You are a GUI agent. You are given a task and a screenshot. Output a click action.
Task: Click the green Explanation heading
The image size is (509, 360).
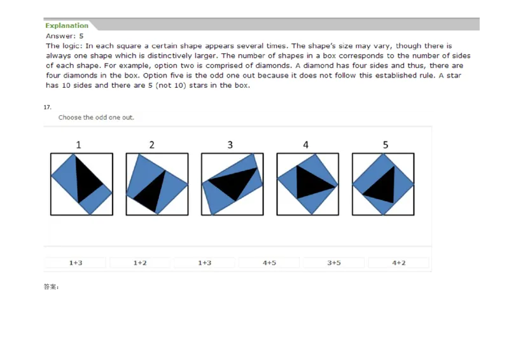[67, 25]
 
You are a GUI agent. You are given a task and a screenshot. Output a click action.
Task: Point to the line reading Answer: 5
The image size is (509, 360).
[65, 36]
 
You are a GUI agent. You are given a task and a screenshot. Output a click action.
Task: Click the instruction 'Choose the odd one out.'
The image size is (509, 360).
[96, 118]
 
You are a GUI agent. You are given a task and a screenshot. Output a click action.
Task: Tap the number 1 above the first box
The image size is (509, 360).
[78, 145]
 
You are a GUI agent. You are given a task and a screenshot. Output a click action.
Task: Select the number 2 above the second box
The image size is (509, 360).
[151, 145]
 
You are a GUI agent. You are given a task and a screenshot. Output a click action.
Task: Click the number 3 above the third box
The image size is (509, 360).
[230, 145]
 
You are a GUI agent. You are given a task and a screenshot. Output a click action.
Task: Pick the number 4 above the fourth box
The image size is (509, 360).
[305, 145]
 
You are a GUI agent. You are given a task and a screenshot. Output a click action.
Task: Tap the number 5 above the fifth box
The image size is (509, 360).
[386, 145]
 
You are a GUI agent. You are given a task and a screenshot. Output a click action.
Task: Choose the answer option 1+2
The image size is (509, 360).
[140, 263]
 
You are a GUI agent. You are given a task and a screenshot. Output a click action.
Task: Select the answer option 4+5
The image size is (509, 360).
[269, 263]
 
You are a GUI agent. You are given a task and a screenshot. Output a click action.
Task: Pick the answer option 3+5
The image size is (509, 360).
[333, 263]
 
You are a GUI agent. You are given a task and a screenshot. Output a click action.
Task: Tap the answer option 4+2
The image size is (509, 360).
[398, 263]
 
